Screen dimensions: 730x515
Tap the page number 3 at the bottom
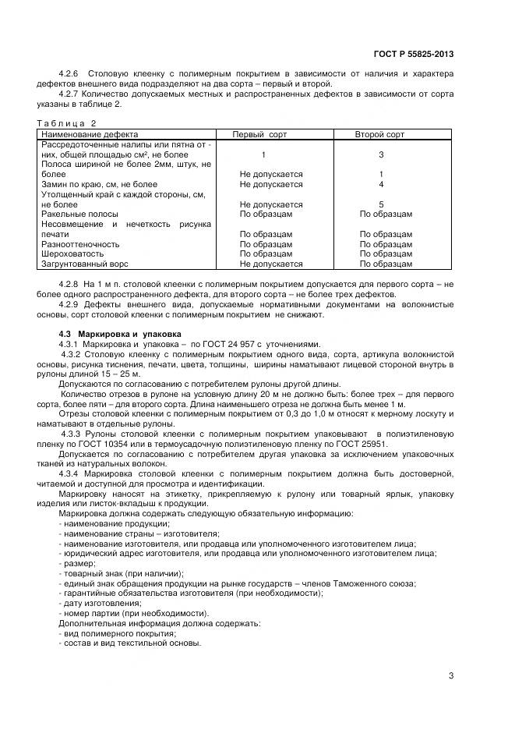coord(451,675)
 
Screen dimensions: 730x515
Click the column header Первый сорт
coord(259,135)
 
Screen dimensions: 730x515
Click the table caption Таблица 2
coord(67,123)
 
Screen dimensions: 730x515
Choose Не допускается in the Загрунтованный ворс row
coord(270,264)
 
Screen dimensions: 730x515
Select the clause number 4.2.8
coord(69,283)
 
